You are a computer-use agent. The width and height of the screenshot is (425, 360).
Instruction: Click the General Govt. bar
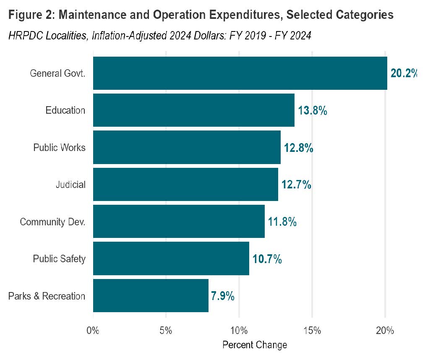[x=240, y=73]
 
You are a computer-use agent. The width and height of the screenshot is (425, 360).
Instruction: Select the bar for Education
[x=193, y=110]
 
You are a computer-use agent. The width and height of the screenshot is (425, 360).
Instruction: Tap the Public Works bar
[x=186, y=147]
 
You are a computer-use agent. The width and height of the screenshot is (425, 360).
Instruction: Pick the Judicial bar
[x=185, y=184]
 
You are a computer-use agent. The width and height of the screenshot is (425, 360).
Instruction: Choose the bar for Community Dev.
[x=179, y=222]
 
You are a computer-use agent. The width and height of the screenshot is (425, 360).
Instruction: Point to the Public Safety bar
[x=171, y=258]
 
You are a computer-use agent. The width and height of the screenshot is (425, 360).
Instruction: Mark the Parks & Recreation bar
[x=151, y=295]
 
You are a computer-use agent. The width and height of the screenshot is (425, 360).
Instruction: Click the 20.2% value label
[x=404, y=73]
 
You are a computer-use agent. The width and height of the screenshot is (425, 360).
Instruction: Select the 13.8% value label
[x=312, y=111]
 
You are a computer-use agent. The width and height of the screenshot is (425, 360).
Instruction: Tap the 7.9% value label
[x=222, y=296]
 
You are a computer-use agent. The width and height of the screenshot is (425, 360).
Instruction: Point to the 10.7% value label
[x=267, y=259]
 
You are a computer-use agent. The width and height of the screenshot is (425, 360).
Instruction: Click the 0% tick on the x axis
[x=93, y=330]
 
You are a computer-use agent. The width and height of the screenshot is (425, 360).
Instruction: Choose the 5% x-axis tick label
[x=166, y=330]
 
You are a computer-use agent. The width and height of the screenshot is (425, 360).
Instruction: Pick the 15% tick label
[x=312, y=330]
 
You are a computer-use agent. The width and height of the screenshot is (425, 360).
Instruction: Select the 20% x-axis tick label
[x=385, y=330]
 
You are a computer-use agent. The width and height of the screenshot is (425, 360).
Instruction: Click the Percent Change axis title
[x=255, y=345]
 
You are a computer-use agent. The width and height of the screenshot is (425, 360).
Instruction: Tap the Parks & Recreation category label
[x=47, y=296]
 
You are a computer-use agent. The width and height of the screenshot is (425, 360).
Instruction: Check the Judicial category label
[x=70, y=185]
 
